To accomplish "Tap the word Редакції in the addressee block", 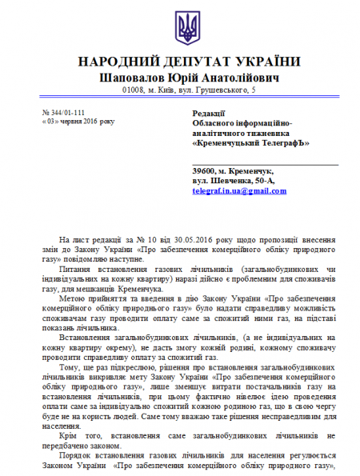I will pos(213,114).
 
